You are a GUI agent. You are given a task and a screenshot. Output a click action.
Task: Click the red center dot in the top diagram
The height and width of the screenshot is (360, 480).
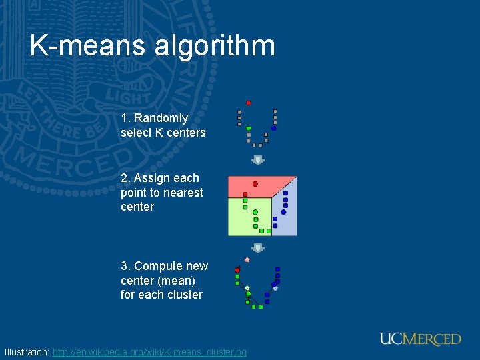249,103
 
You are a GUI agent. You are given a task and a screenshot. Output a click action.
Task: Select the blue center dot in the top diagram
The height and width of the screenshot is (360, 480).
273,128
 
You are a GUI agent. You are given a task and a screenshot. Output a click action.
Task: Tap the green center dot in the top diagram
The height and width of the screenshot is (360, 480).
249,128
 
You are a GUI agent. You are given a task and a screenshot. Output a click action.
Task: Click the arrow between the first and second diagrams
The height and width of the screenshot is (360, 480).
258,160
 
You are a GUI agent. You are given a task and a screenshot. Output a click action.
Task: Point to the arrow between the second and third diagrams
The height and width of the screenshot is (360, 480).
258,248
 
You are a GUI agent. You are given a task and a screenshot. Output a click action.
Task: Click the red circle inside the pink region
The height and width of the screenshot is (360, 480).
255,183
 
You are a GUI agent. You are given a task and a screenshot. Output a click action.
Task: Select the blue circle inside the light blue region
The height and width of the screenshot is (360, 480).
283,212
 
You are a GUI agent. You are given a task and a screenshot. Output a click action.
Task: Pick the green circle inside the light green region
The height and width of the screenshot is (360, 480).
255,212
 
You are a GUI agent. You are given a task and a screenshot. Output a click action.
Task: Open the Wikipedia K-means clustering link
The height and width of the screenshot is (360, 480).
149,352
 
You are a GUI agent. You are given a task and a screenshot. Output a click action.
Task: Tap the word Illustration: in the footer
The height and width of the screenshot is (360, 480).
27,352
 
